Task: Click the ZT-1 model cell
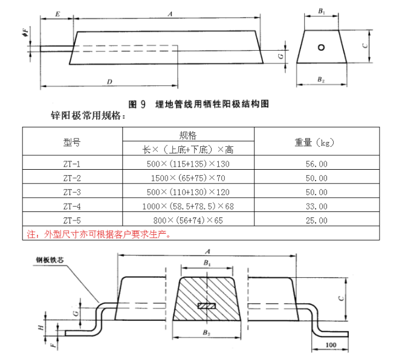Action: point(72,164)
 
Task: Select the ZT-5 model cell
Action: point(72,220)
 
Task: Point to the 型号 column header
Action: point(72,142)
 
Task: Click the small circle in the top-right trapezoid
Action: point(322,47)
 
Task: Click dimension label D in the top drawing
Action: point(109,81)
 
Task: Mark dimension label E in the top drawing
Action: point(56,13)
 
